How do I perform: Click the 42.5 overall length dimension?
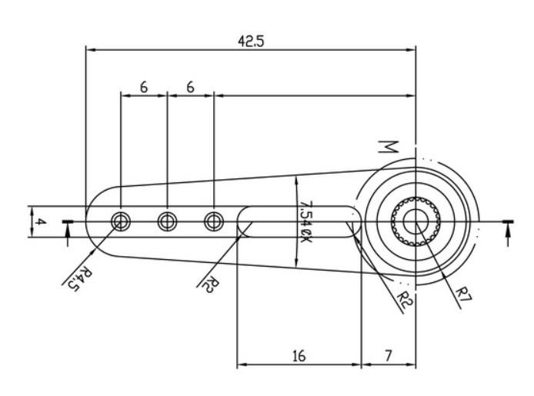pos(250,42)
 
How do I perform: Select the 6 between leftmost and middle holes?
pos(144,88)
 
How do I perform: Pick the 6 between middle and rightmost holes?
pos(190,88)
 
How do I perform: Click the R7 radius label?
pos(463,296)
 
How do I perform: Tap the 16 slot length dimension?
pos(299,357)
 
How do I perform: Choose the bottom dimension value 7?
pos(388,357)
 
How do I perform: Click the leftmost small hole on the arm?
pos(120,221)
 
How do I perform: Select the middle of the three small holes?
pos(167,221)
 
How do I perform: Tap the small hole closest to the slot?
pos(213,221)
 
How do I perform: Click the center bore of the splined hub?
pos(416,221)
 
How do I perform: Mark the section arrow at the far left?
pos(68,230)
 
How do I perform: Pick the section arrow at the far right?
pos(508,230)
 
